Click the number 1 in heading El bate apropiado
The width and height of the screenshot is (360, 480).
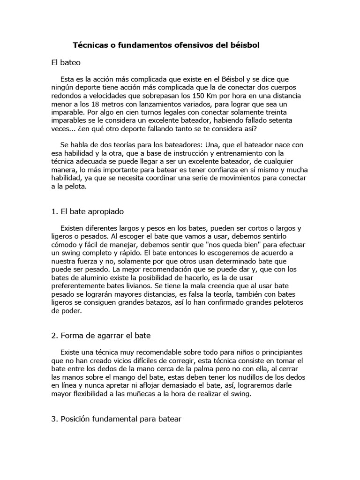point(53,211)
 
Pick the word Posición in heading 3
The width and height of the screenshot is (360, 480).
point(77,419)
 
